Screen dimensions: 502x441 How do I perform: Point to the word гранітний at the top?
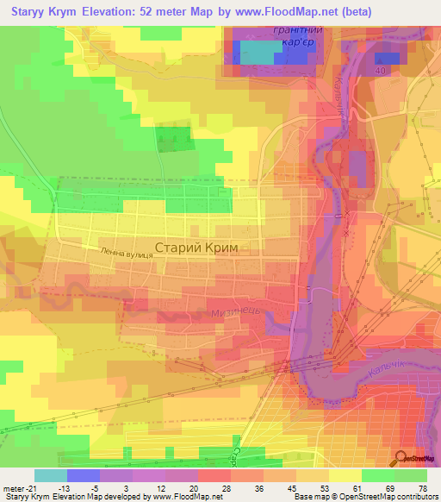[271, 28]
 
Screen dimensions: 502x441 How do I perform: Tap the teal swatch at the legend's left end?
[50, 475]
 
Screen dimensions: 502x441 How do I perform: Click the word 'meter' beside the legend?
[14, 486]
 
